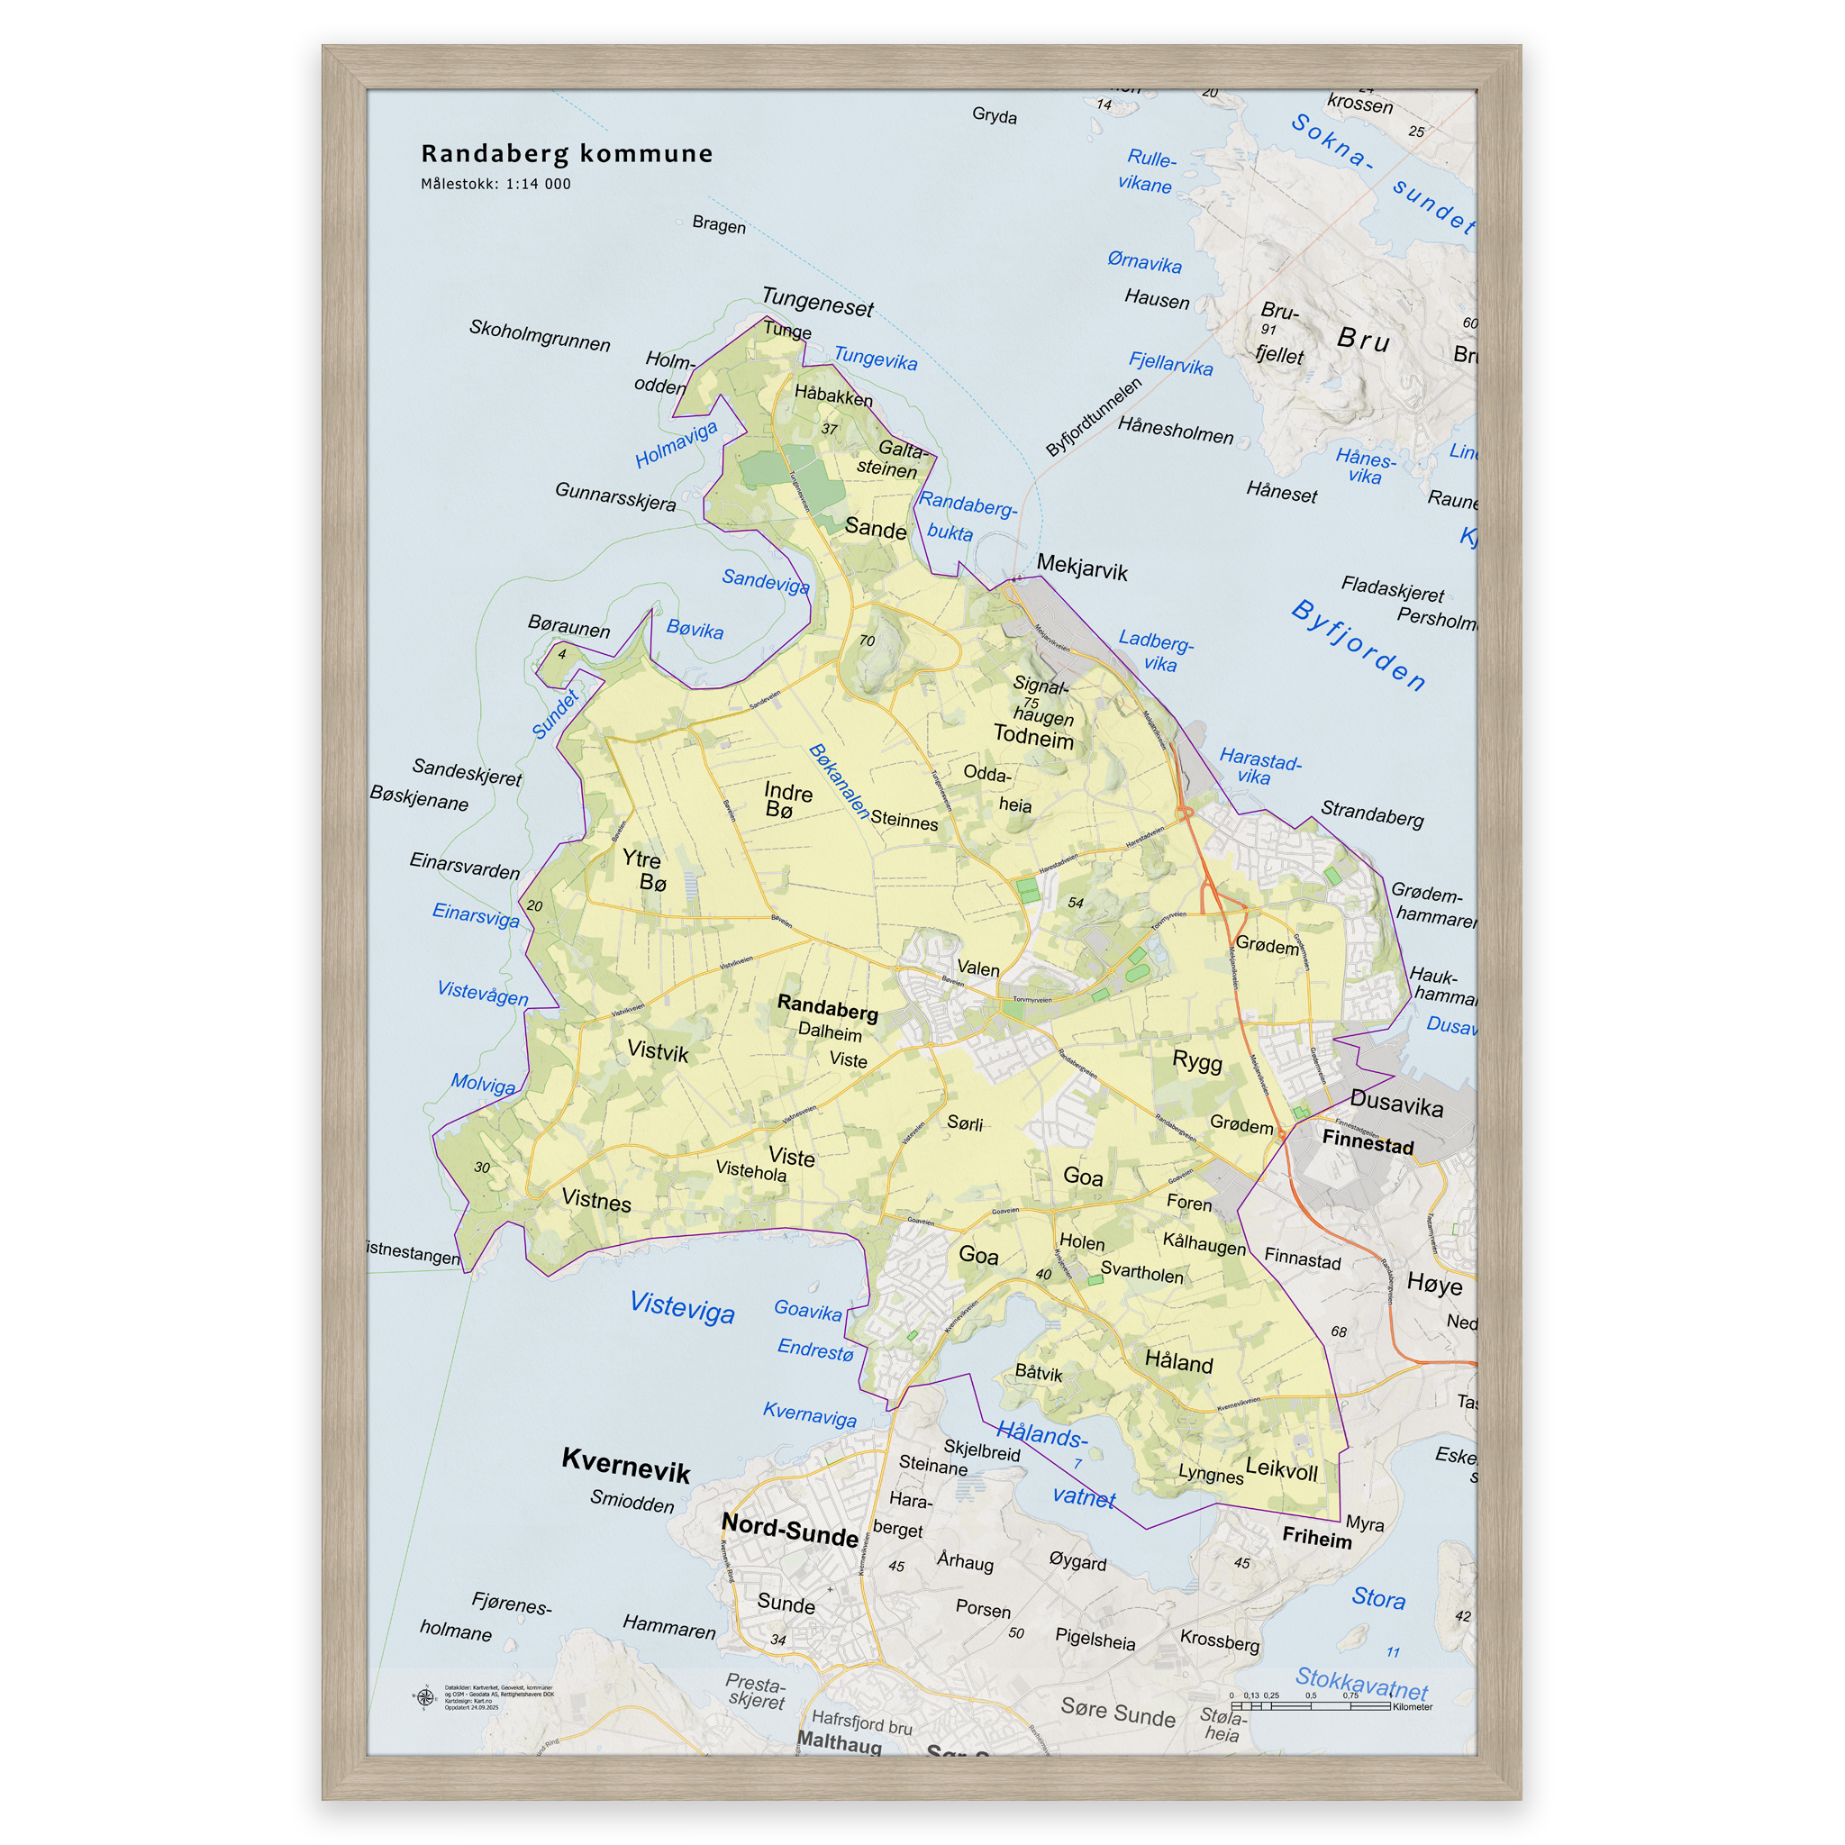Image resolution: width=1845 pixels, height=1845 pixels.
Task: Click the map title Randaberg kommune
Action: [x=567, y=154]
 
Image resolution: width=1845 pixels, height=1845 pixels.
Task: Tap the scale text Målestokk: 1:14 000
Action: [x=495, y=185]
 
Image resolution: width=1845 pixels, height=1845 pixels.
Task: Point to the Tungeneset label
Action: [x=817, y=303]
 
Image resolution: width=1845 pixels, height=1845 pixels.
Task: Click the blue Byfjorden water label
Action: [x=1358, y=645]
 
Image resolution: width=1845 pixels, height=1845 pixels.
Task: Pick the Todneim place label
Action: [x=1033, y=736]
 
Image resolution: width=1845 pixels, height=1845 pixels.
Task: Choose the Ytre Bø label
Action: [x=645, y=870]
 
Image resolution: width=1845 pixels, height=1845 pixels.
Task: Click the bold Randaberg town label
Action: [x=827, y=1006]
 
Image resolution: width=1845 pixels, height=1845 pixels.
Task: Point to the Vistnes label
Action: [x=595, y=1200]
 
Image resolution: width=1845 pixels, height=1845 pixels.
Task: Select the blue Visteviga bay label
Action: [x=682, y=1306]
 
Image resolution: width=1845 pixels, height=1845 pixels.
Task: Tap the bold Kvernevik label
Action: [x=625, y=1464]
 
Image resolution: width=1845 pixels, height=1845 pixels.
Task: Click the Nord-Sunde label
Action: [x=790, y=1529]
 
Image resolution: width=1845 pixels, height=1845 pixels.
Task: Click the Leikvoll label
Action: [x=1281, y=1469]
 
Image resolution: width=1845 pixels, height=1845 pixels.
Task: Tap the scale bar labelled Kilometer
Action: [x=1310, y=1705]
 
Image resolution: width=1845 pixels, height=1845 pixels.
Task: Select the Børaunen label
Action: [x=568, y=626]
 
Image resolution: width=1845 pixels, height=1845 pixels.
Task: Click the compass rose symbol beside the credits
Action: [x=426, y=1698]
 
